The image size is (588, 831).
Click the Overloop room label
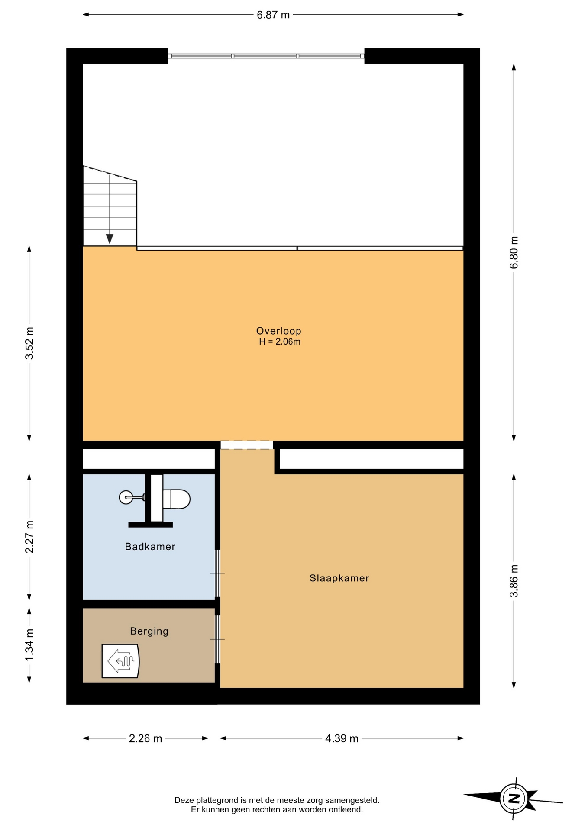pyautogui.click(x=278, y=331)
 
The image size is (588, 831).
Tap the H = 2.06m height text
pyautogui.click(x=280, y=342)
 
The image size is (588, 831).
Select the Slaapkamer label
pyautogui.click(x=339, y=578)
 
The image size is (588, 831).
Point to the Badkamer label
pyautogui.click(x=150, y=547)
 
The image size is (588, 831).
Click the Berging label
pyautogui.click(x=149, y=631)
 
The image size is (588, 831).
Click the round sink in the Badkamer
pyautogui.click(x=126, y=497)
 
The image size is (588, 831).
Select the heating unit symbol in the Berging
pyautogui.click(x=120, y=661)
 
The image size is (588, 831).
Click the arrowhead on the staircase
pyautogui.click(x=110, y=239)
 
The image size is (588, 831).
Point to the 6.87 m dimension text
pyautogui.click(x=273, y=15)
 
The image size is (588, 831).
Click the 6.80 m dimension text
pyautogui.click(x=514, y=252)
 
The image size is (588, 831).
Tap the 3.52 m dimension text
pyautogui.click(x=29, y=343)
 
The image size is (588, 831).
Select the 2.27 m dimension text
pyautogui.click(x=29, y=537)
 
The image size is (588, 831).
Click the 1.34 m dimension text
pyautogui.click(x=29, y=645)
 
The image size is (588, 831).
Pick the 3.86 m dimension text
pyautogui.click(x=514, y=581)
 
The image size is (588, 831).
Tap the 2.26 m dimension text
pyautogui.click(x=145, y=738)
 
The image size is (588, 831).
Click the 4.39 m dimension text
pyautogui.click(x=342, y=738)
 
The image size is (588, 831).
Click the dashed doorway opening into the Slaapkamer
pyautogui.click(x=247, y=445)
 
